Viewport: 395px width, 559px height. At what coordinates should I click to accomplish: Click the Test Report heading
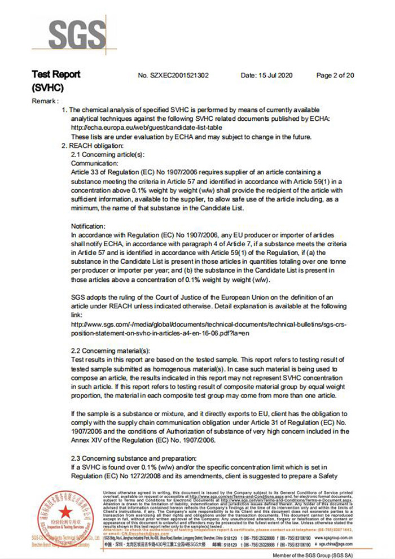click(56, 75)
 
